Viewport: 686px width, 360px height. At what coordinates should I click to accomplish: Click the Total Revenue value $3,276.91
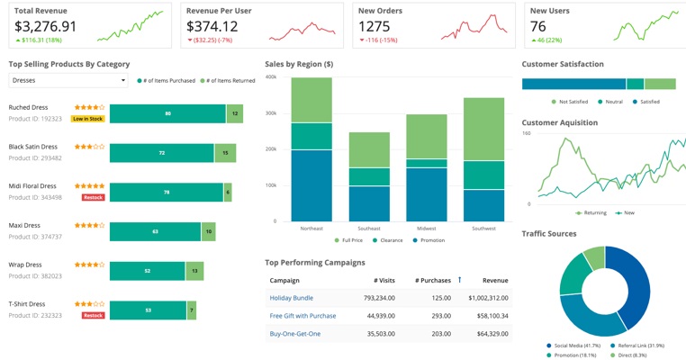point(46,27)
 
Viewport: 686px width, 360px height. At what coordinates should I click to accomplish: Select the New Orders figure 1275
point(375,27)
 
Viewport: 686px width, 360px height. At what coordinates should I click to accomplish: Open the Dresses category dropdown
point(68,80)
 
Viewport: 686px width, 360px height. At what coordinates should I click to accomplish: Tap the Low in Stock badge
point(87,119)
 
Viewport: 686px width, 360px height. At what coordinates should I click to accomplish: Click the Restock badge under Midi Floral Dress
point(93,197)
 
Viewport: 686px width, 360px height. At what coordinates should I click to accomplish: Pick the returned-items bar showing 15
point(225,153)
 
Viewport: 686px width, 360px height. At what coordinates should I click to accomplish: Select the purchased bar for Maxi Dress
point(155,231)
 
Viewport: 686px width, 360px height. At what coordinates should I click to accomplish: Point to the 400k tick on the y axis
point(270,77)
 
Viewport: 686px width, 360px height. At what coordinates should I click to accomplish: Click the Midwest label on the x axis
point(426,229)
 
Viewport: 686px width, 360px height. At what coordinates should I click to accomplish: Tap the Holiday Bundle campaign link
point(292,298)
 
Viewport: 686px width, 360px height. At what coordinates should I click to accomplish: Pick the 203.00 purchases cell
point(441,334)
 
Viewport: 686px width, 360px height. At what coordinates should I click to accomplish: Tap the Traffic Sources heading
point(549,234)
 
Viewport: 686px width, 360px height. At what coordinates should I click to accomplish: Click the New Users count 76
point(538,27)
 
